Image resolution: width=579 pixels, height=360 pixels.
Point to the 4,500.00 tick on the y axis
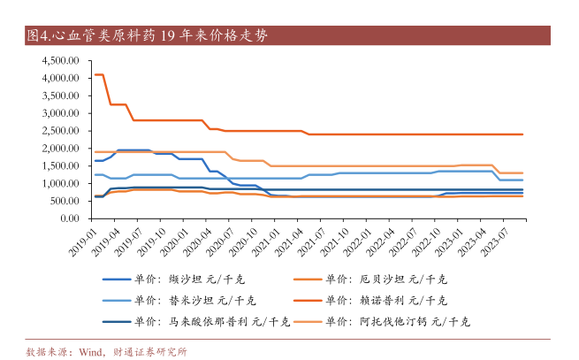61,61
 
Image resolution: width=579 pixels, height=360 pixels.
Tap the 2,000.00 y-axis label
61,149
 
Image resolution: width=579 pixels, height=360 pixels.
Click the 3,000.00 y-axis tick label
61,113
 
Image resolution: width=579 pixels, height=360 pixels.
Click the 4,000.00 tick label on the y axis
61,79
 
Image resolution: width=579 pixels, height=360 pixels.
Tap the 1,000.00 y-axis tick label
61,183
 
